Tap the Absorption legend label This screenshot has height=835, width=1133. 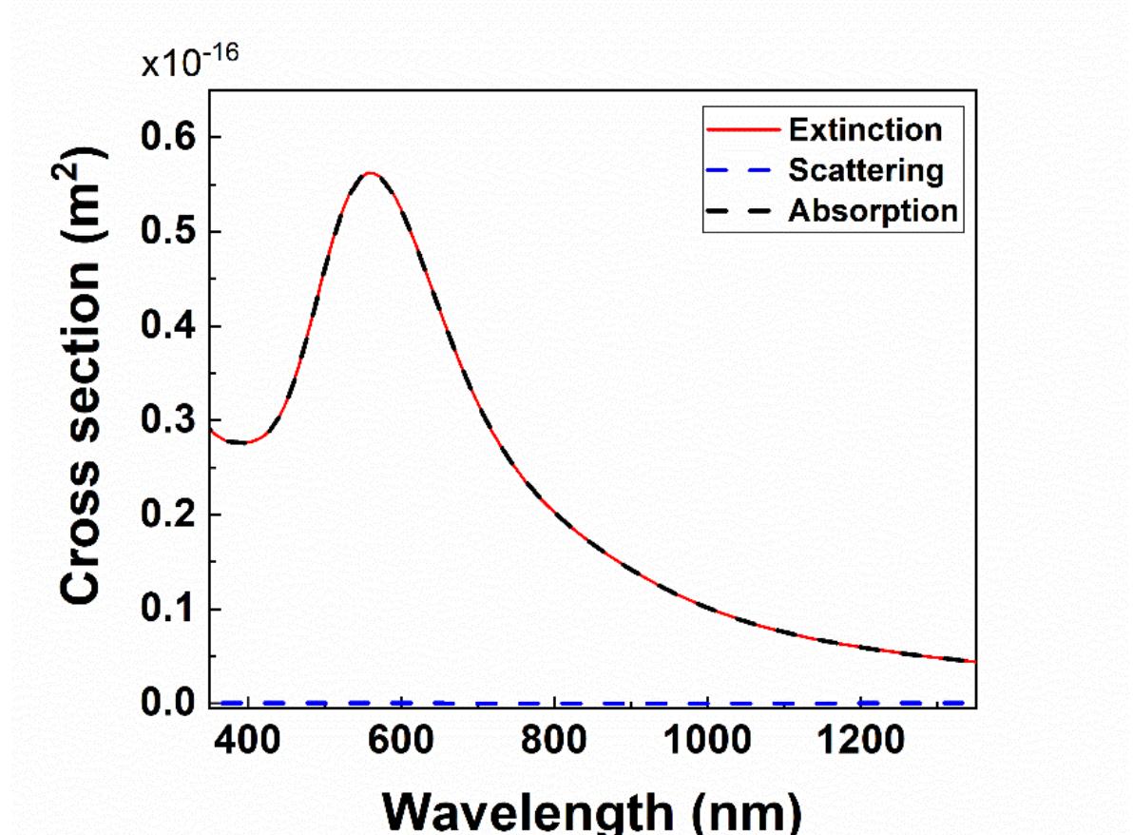pyautogui.click(x=873, y=210)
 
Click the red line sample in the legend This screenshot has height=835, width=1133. pyautogui.click(x=739, y=129)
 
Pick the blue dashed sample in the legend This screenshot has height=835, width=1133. pyautogui.click(x=739, y=170)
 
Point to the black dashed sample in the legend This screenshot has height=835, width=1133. pyautogui.click(x=739, y=211)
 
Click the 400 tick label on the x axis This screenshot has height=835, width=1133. pyautogui.click(x=248, y=740)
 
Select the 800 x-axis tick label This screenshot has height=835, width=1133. pyautogui.click(x=554, y=740)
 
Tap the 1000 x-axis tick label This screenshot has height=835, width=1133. pyautogui.click(x=706, y=740)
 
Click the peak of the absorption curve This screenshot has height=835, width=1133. pyautogui.click(x=371, y=173)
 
